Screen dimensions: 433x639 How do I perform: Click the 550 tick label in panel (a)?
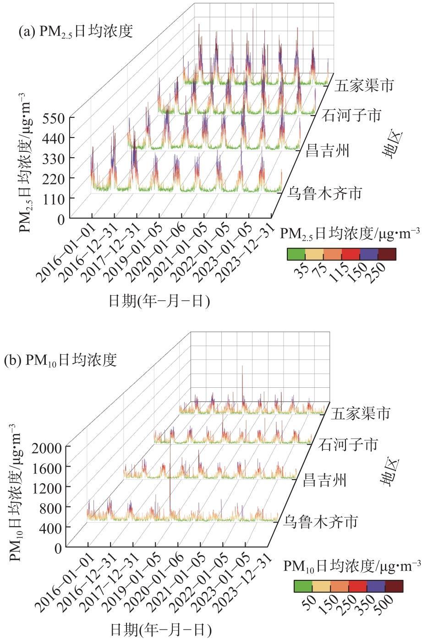[x=54, y=119]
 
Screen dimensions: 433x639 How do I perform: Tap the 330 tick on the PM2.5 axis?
[x=54, y=159]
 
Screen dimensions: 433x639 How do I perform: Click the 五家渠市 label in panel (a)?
[x=364, y=86]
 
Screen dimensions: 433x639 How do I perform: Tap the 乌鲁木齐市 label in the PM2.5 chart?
[x=324, y=193]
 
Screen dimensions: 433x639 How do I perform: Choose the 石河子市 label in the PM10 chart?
[x=348, y=445]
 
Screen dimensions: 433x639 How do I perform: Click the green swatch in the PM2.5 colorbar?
[x=296, y=254]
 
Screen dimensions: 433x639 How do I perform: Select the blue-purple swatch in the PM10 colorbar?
[x=376, y=586]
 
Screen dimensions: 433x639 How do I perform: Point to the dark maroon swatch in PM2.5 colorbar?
[x=387, y=254]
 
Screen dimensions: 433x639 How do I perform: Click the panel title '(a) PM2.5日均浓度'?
[x=76, y=31]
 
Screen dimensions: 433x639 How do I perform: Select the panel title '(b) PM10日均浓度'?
[x=60, y=360]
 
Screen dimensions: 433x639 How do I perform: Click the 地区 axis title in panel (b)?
[x=389, y=472]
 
